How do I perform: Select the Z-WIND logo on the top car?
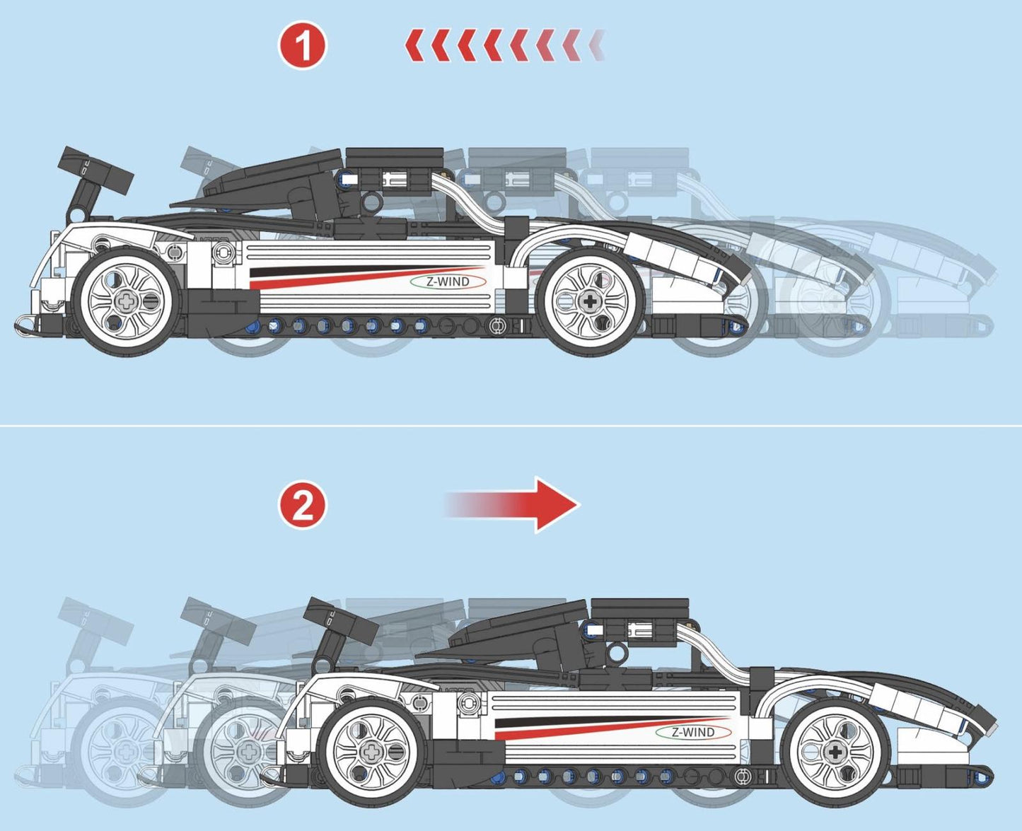point(448,281)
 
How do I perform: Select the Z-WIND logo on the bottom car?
point(693,733)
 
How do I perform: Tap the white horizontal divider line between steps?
point(511,426)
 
